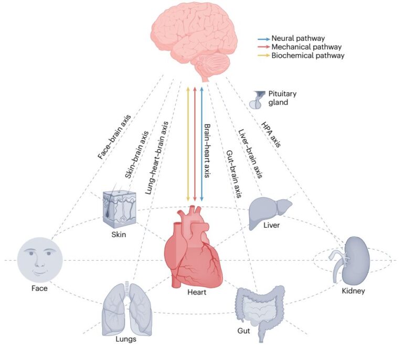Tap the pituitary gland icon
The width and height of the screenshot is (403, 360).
point(260,98)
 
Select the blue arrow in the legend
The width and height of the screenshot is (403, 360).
point(263,39)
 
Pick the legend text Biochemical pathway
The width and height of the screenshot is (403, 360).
point(302,55)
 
